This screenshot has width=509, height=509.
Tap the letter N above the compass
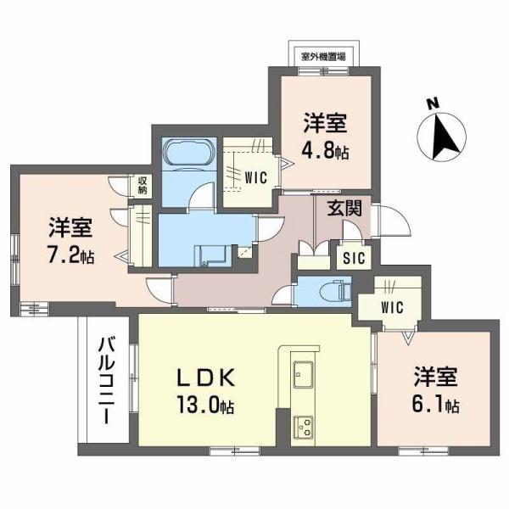[x=432, y=104]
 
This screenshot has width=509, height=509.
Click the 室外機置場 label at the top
[x=323, y=57]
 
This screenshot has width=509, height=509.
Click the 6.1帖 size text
[x=436, y=406]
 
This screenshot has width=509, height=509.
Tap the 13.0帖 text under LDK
[x=204, y=406]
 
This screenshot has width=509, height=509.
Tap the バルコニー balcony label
[x=108, y=381]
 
